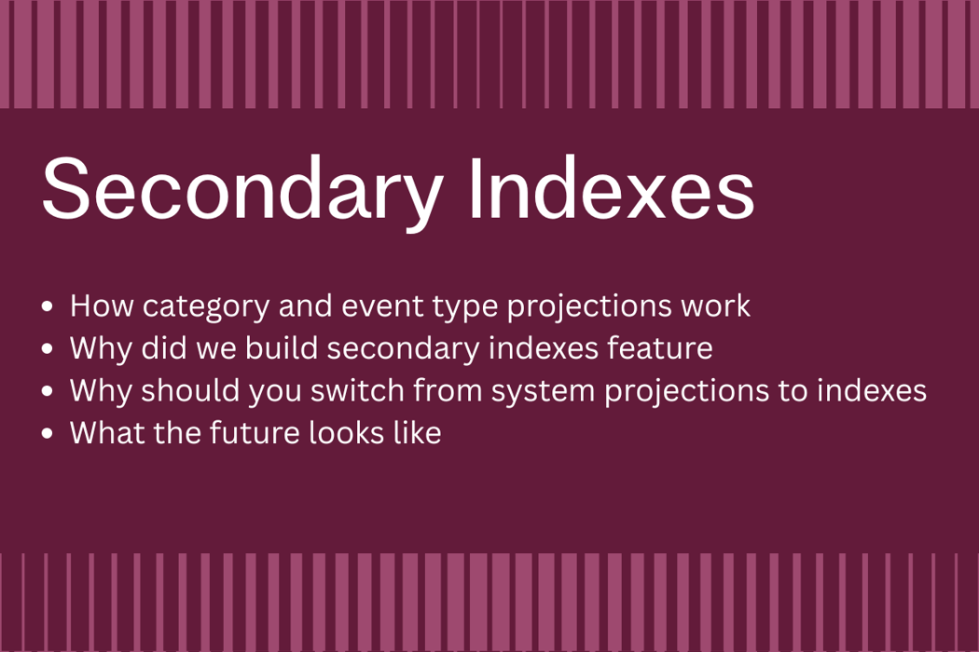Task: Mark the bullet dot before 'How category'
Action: (48, 306)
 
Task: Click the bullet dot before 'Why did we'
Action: (48, 349)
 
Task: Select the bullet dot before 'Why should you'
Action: (48, 391)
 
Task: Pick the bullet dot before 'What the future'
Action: (48, 434)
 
